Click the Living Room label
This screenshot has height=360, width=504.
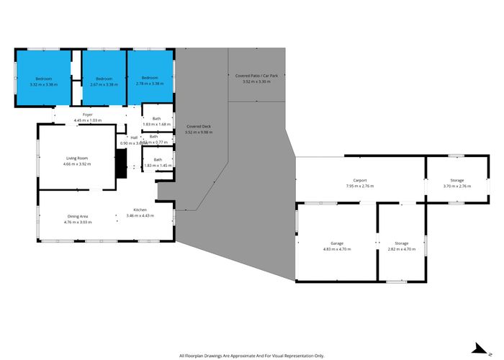(77, 158)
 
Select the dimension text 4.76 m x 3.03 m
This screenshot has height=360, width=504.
(78, 222)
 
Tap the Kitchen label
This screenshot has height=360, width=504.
(140, 210)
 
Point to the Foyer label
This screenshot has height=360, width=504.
(87, 114)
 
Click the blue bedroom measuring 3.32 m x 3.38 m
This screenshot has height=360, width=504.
(43, 80)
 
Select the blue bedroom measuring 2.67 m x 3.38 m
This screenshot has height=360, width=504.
(104, 80)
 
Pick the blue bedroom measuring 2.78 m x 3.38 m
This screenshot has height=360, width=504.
(150, 80)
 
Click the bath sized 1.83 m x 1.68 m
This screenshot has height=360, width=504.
(157, 121)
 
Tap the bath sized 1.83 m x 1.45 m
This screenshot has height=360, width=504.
(157, 163)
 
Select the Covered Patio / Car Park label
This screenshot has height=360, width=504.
(256, 75)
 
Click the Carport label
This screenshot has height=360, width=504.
(360, 180)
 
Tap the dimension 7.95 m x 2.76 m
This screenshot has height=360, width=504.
(360, 186)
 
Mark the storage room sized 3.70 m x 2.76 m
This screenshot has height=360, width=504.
(456, 183)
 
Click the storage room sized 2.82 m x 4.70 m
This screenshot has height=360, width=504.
(402, 246)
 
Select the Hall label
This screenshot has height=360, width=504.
(134, 137)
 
